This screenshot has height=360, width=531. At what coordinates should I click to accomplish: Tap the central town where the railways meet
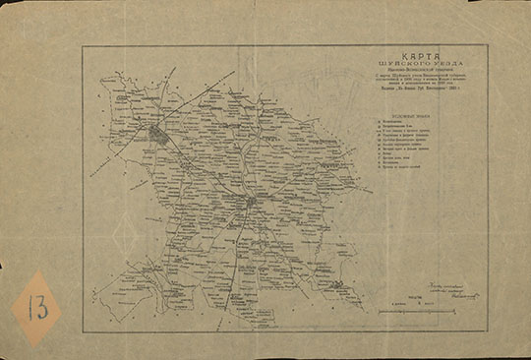pyautogui.click(x=252, y=202)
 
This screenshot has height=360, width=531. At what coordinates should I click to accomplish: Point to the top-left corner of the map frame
pyautogui.click(x=83, y=45)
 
